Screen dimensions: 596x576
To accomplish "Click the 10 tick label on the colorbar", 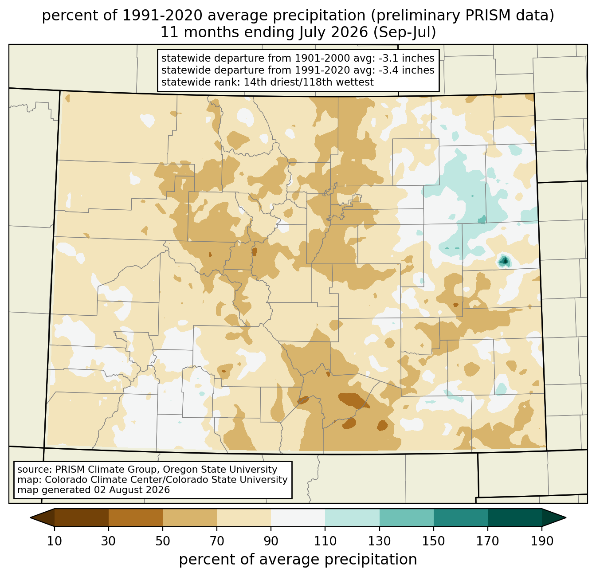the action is tap(54, 541).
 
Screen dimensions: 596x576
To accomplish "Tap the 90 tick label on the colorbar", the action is tap(271, 541).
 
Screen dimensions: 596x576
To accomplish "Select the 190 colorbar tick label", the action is tap(542, 541).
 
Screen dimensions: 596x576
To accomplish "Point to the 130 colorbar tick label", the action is tap(379, 541).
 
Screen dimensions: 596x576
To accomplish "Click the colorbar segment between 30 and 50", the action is tap(135, 517).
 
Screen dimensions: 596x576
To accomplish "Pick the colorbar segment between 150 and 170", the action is tap(460, 517).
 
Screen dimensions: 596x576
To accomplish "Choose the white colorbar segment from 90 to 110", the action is tap(298, 517).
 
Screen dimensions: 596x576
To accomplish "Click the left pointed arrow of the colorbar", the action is tap(42, 517).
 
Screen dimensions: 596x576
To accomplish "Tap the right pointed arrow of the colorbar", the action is tap(554, 517).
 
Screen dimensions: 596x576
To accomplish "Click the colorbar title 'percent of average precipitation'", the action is tap(298, 560).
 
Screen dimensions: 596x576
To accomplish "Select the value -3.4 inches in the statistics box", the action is tap(406, 70).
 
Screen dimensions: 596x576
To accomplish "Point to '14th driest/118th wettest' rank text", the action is tap(308, 82).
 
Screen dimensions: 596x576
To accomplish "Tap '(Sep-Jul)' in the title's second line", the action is tap(404, 32).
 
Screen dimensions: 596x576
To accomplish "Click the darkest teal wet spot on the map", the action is tap(504, 261).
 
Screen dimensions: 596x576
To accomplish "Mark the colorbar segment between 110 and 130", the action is tap(352, 517).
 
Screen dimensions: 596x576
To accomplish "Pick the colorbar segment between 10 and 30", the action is tap(82, 517).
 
